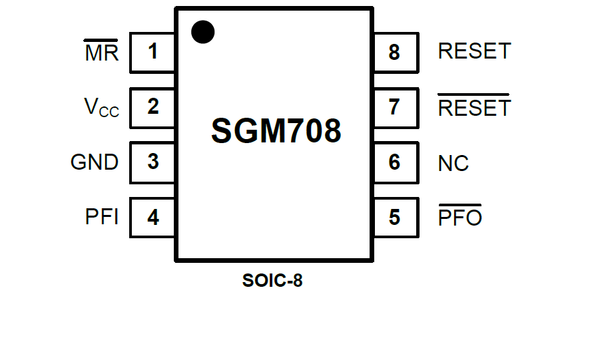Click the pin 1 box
click(153, 52)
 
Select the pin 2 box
click(153, 107)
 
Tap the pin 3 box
click(153, 162)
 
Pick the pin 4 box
click(153, 217)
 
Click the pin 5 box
click(395, 217)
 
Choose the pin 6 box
click(395, 162)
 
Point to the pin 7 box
click(395, 107)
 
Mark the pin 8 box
click(395, 52)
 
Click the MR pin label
click(101, 53)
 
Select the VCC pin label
click(101, 108)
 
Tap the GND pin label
click(95, 162)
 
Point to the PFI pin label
click(102, 217)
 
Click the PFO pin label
click(460, 218)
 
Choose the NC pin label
click(453, 163)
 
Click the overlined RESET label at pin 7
click(474, 108)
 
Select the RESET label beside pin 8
click(474, 51)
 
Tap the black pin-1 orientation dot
click(203, 31)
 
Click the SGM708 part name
click(276, 131)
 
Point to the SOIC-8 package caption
click(272, 281)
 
